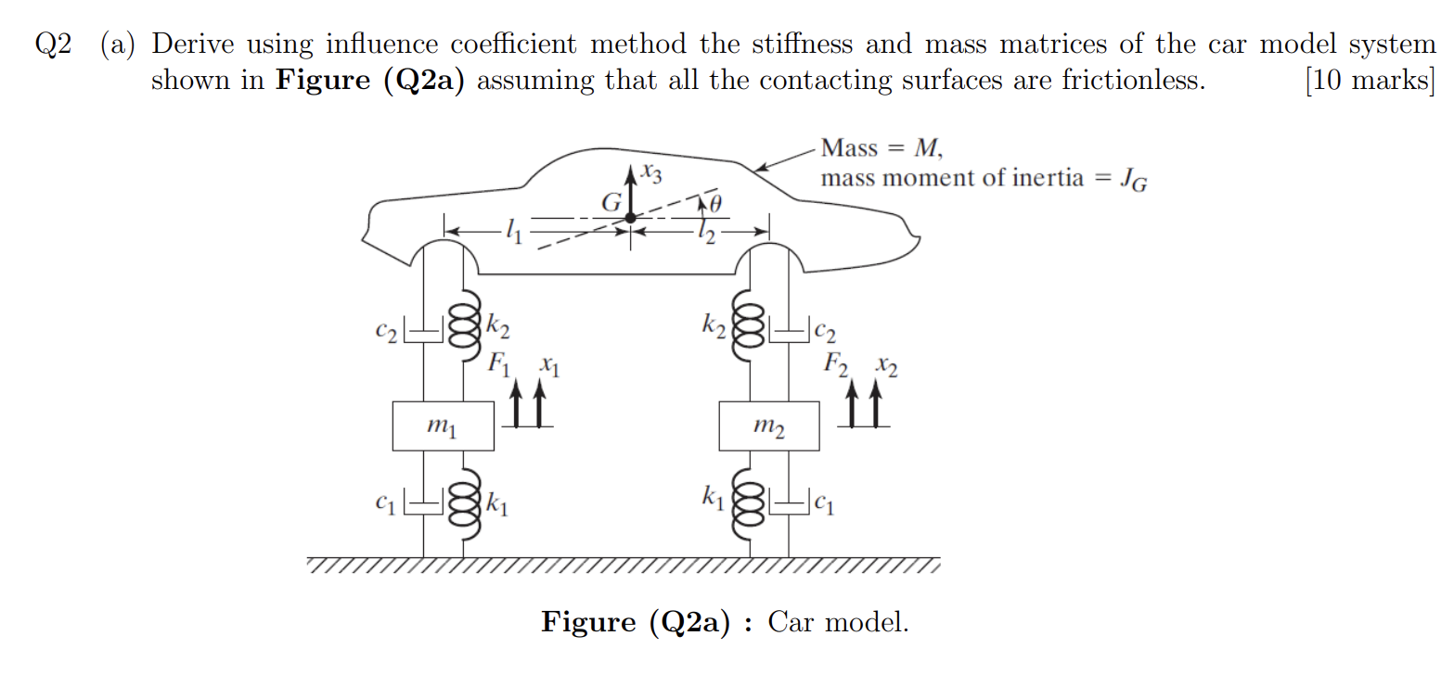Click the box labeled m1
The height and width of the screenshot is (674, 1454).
pos(443,426)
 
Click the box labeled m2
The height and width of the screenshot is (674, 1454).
pos(769,426)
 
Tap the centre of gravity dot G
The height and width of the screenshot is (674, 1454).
pos(630,219)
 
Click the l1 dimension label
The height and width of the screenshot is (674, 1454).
pos(511,231)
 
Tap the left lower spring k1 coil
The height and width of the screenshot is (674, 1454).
pos(464,505)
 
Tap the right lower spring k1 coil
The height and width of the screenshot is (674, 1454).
pos(749,505)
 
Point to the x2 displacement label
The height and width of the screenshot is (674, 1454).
pos(885,366)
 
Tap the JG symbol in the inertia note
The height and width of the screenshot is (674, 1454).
pos(1132,179)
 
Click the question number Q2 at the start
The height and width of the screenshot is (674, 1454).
pos(53,45)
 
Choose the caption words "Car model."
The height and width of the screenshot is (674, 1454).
pos(838,621)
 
